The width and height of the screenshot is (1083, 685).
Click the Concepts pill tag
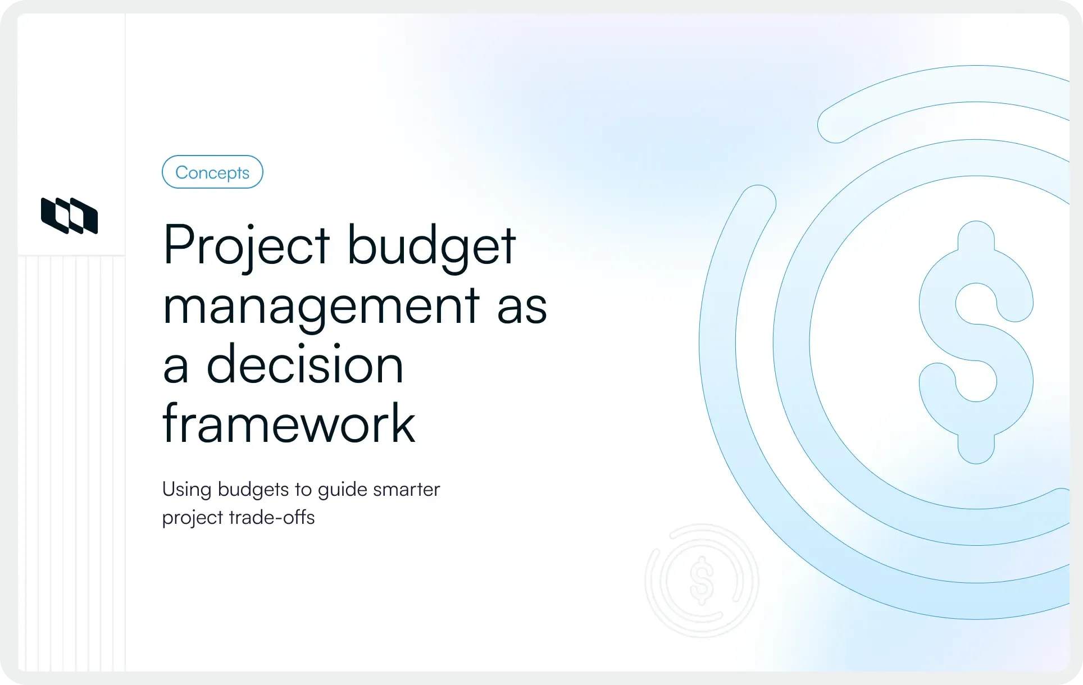tap(212, 172)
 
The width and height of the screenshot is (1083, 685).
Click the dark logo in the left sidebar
tap(70, 216)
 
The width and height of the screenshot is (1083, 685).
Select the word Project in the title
tap(246, 246)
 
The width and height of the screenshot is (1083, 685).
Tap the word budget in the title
tap(431, 246)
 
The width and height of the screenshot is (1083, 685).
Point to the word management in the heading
tap(321, 307)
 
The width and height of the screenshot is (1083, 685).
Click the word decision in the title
tap(305, 366)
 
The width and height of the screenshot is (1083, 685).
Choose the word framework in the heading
tap(289, 424)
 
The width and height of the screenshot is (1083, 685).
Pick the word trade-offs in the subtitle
tap(272, 517)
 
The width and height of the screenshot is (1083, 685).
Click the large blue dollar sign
tap(976, 342)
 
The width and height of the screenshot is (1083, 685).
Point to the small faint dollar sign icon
tap(702, 581)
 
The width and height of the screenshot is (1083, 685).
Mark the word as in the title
tap(522, 307)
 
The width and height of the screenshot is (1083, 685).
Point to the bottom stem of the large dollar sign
tap(976, 449)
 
